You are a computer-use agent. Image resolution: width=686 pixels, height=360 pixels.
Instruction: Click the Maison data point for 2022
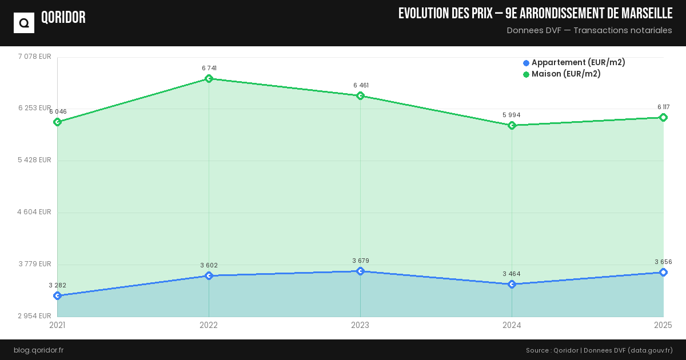[x=209, y=79]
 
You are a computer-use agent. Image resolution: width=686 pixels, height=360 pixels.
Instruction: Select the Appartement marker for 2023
[x=360, y=271]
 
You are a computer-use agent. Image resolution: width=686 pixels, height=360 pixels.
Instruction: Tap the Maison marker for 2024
[x=512, y=126]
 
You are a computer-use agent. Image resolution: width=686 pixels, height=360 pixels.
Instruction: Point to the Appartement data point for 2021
[x=57, y=296]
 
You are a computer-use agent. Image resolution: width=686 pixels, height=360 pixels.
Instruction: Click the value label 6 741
[x=209, y=69]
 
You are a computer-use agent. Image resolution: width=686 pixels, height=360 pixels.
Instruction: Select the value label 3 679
[x=361, y=261]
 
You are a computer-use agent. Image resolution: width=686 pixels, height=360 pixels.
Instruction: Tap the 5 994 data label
[x=512, y=115]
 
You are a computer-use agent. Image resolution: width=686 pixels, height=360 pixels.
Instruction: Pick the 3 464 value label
[x=512, y=274]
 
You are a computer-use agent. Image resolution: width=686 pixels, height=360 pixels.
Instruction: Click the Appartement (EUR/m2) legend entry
[x=574, y=63]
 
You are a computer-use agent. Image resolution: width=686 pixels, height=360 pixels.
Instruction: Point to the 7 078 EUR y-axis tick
[x=35, y=57]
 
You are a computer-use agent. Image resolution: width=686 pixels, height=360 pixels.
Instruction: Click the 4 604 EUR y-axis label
[x=34, y=212]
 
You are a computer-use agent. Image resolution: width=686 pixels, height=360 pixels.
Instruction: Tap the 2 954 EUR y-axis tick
[x=34, y=316]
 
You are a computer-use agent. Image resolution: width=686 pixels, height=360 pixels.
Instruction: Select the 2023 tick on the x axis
[x=360, y=326]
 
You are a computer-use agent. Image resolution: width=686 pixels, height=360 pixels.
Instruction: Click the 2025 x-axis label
[x=663, y=326]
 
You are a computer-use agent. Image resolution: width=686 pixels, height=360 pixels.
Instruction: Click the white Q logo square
[x=24, y=23]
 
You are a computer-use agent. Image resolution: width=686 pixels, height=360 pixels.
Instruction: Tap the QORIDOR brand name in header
[x=63, y=18]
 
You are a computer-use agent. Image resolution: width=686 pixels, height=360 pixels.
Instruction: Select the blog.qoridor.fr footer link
[x=39, y=350]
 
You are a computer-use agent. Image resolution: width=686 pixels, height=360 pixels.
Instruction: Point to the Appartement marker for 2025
[x=663, y=273]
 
